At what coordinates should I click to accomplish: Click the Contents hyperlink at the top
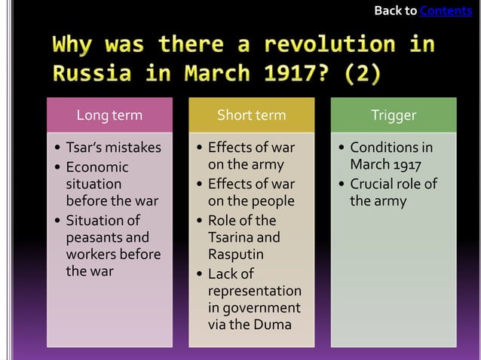tap(446, 11)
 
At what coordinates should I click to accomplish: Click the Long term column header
tap(109, 115)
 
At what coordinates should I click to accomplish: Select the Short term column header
tap(251, 115)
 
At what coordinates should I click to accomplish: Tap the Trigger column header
tap(393, 115)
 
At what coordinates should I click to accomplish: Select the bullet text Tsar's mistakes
tap(113, 148)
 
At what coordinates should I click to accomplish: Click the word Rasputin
tap(234, 255)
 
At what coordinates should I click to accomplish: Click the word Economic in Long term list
tap(97, 167)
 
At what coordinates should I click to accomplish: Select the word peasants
tap(96, 237)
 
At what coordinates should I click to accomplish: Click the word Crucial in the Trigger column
tap(372, 184)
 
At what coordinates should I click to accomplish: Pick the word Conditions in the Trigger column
tap(384, 148)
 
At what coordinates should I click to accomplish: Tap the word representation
tap(254, 291)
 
